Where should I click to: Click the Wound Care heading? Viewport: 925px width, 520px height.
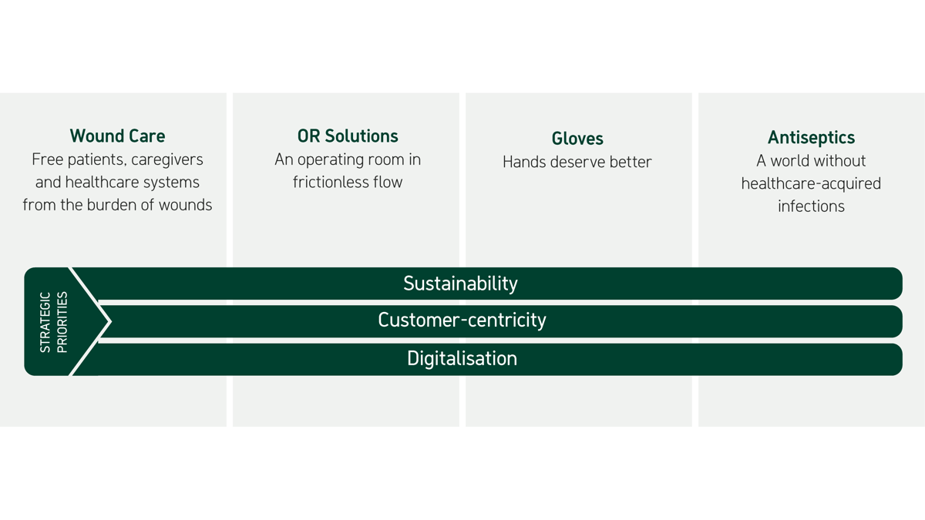point(117,136)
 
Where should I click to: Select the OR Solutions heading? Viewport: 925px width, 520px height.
point(348,136)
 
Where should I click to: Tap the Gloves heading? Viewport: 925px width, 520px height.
point(577,139)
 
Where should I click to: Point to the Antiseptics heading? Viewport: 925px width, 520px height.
point(811,138)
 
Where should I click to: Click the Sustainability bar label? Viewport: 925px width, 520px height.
point(460,283)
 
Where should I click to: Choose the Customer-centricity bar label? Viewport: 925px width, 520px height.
point(462,320)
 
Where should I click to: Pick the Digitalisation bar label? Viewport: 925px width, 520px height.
point(462,358)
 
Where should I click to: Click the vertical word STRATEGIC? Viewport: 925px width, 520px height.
point(45,322)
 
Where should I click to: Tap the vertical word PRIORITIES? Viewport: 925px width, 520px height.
point(62,322)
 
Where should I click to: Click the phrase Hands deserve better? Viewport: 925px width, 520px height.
point(577,162)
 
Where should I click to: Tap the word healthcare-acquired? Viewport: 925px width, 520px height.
point(811,184)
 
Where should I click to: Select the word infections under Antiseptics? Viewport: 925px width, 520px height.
point(811,206)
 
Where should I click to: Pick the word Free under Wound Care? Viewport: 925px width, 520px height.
point(48,159)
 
